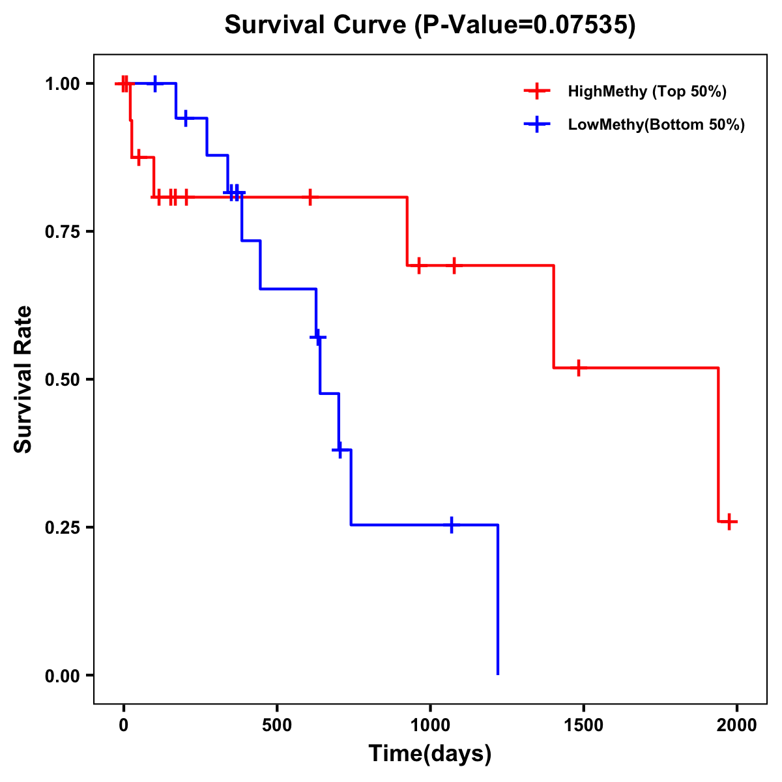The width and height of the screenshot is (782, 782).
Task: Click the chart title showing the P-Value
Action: (429, 25)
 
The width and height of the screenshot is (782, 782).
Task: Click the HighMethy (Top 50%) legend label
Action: (647, 91)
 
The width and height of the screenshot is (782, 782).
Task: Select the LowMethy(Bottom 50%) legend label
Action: (656, 124)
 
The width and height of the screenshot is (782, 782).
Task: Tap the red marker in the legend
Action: (536, 91)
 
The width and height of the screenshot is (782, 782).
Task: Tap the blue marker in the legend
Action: (536, 124)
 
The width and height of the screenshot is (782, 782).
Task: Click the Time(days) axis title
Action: (430, 754)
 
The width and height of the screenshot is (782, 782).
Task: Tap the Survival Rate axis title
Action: (23, 379)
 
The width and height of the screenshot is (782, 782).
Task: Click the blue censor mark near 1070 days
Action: (451, 525)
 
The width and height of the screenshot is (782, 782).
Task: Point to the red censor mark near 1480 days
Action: (577, 368)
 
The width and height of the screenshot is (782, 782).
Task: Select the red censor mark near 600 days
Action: (310, 197)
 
